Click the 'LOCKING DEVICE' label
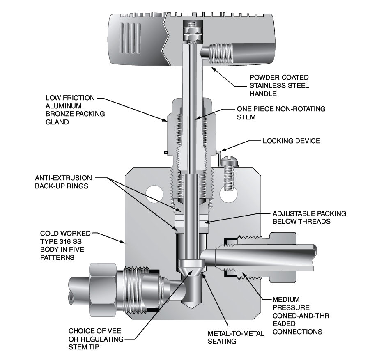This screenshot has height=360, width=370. click(x=291, y=141)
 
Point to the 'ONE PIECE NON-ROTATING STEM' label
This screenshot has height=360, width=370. click(x=281, y=113)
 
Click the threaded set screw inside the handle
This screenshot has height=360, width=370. click(x=219, y=52)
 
